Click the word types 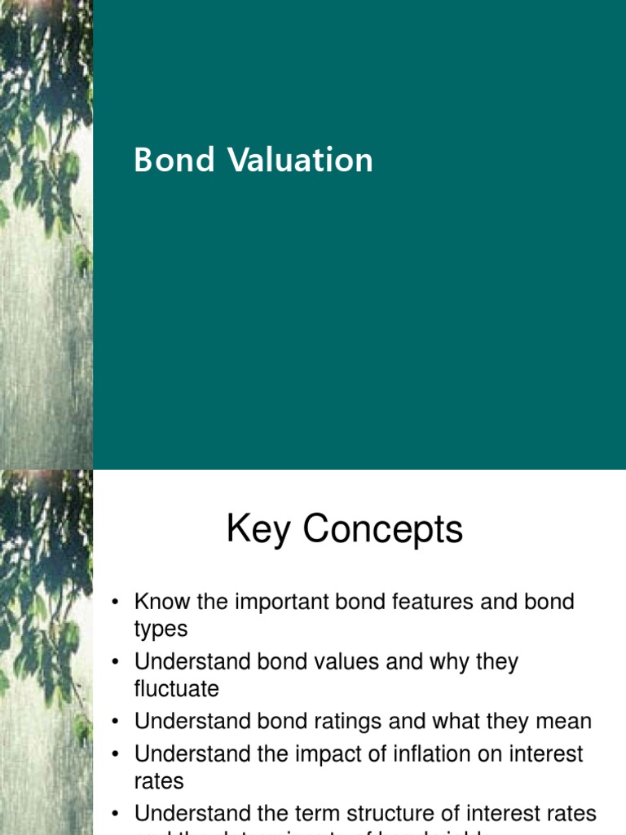[161, 630]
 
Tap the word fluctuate [176, 689]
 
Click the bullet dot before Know [116, 603]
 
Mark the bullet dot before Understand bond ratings [116, 722]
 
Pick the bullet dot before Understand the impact [116, 754]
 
